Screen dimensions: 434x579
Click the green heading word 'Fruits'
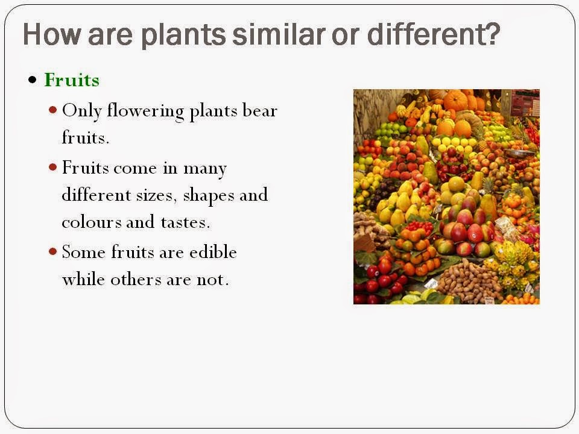pos(72,80)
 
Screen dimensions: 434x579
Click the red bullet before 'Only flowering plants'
pos(53,110)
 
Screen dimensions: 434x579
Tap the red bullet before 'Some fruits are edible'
pos(53,251)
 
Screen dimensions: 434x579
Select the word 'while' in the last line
pos(83,279)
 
